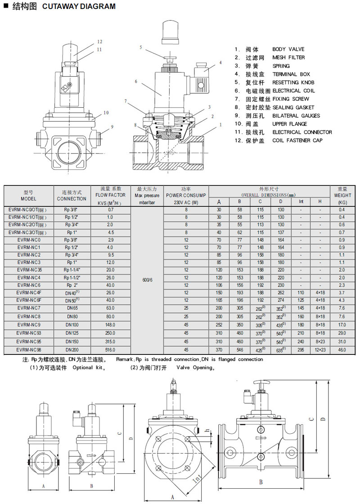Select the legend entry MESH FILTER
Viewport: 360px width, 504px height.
(x=288, y=58)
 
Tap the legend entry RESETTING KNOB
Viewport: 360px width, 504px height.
(x=293, y=82)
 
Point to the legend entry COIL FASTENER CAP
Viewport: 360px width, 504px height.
(x=297, y=141)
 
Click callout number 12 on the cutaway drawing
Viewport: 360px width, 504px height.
(x=99, y=42)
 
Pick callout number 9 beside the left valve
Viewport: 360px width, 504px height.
(x=112, y=127)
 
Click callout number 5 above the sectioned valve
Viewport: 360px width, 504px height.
(x=140, y=47)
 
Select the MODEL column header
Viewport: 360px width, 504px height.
(x=28, y=195)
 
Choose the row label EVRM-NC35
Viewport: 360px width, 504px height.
(x=28, y=270)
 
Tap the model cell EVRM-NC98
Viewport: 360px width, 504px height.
(x=28, y=350)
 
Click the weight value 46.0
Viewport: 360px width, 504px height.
(x=342, y=350)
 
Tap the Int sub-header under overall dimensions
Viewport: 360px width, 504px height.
(x=301, y=201)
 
